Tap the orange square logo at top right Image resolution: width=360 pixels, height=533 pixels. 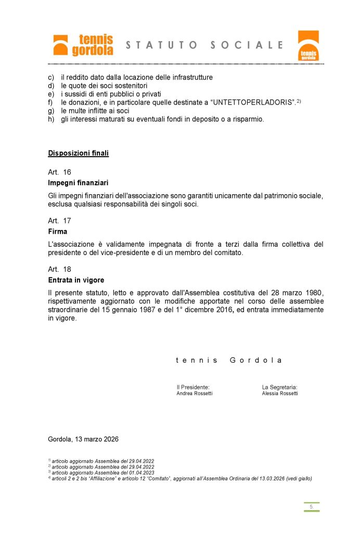308,45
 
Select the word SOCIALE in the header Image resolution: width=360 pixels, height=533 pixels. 248,45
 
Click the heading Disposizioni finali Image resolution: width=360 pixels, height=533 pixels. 78,153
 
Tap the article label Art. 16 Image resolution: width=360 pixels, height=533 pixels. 59,172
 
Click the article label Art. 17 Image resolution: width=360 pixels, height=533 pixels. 59,221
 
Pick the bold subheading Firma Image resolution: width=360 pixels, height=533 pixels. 57,232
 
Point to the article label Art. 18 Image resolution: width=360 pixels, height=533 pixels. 59,269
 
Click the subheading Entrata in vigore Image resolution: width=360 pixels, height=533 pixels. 76,281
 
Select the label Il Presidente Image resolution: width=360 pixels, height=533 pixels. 193,387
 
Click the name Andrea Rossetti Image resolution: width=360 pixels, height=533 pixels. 195,394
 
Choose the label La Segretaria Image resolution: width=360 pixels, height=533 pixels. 279,387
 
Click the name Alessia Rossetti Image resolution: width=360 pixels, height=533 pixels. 280,394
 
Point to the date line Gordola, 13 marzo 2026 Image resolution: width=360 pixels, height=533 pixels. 83,439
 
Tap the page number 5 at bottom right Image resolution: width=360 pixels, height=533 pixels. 311,506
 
